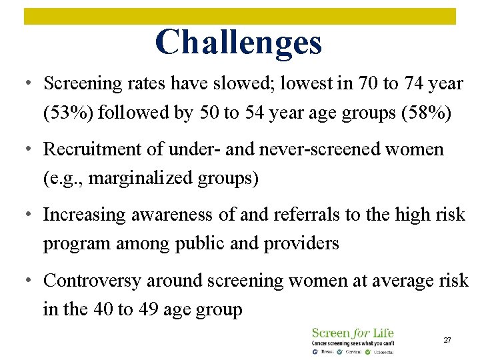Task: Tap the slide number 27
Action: (447, 340)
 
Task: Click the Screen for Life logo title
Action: (353, 332)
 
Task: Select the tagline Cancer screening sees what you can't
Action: (353, 343)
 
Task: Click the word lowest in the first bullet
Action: (311, 83)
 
